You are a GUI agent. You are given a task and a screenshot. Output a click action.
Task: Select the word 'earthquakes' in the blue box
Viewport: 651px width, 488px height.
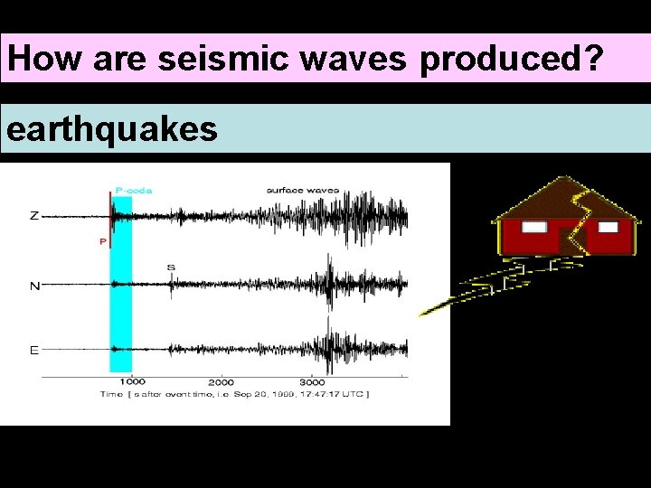[x=112, y=129]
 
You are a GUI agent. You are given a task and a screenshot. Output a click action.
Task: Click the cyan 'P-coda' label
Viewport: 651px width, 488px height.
[x=134, y=191]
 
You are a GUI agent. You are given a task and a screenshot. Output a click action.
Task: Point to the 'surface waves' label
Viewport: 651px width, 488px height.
[x=302, y=191]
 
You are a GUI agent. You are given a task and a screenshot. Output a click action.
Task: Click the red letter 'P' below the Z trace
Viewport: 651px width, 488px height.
[x=102, y=241]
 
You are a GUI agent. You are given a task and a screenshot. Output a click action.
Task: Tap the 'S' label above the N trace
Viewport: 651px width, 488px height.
[x=171, y=267]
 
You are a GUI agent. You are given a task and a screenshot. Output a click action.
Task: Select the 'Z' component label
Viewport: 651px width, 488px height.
[x=34, y=216]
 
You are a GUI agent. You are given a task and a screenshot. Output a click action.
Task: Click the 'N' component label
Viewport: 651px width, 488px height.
[x=34, y=286]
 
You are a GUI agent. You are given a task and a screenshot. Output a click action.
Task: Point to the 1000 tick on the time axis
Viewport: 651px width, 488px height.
[x=132, y=381]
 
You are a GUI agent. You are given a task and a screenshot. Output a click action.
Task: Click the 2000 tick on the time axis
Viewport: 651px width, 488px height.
[x=222, y=381]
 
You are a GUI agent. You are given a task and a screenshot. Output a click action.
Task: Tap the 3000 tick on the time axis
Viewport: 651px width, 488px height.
[x=312, y=381]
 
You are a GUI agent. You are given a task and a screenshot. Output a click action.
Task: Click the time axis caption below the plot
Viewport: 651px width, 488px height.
[x=235, y=395]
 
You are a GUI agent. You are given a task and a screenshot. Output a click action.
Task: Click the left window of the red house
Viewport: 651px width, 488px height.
[x=534, y=227]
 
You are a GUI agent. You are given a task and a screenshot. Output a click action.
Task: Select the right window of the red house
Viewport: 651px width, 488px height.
[x=608, y=227]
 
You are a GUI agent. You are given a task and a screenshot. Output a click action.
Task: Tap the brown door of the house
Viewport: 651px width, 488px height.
[x=570, y=241]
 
